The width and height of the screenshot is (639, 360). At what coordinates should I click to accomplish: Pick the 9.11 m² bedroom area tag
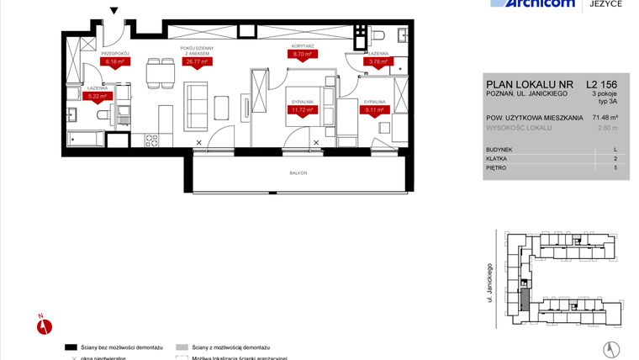[x=374, y=109]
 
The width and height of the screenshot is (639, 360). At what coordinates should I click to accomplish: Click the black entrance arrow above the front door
[x=114, y=11]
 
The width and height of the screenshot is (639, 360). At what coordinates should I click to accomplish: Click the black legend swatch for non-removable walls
[x=71, y=347]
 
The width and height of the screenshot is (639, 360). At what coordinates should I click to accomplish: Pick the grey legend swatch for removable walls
[x=182, y=347]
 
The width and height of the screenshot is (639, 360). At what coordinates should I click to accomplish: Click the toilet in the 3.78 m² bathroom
[x=378, y=36]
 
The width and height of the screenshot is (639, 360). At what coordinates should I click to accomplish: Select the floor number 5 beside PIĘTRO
[x=615, y=168]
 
